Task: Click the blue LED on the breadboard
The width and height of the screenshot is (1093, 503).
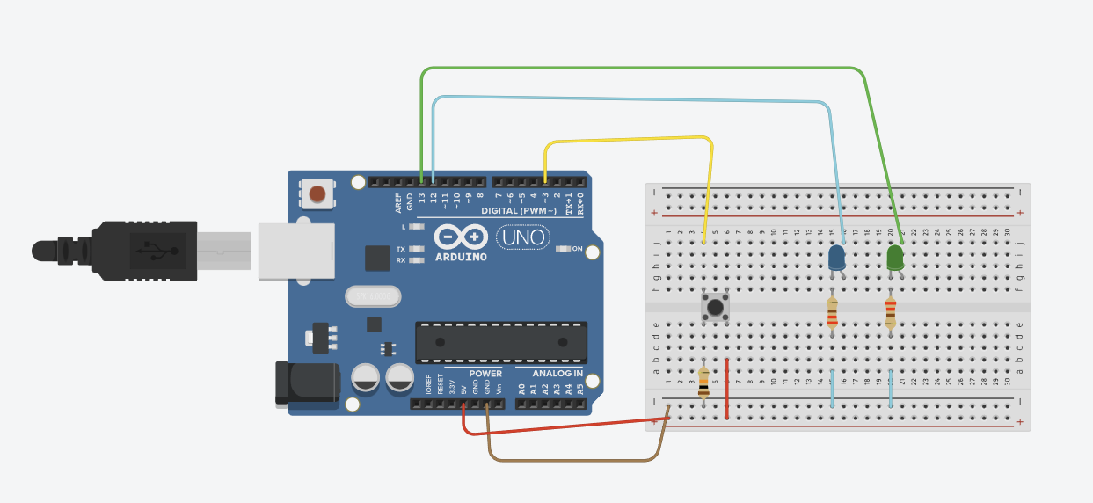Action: pos(837,258)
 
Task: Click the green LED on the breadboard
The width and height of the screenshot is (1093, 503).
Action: pos(895,258)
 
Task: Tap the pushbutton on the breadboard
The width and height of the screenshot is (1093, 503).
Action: pos(716,308)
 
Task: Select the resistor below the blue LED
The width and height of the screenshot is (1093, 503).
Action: pos(833,312)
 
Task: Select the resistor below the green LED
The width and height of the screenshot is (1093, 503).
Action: pos(890,312)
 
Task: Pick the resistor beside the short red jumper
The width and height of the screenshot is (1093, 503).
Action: pos(703,383)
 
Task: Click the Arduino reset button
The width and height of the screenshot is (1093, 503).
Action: pos(317,193)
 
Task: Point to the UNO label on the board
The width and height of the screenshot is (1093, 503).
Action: pos(523,237)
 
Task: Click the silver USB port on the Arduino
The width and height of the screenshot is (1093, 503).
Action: pos(297,251)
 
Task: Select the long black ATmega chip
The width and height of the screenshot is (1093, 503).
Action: pos(501,341)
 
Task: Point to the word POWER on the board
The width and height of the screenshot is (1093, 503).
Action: pos(485,374)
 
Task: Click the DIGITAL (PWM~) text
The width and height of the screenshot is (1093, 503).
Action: pos(519,211)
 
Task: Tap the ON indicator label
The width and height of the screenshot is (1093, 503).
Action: pos(578,249)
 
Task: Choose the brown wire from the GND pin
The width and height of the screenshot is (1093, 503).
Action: pos(572,460)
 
